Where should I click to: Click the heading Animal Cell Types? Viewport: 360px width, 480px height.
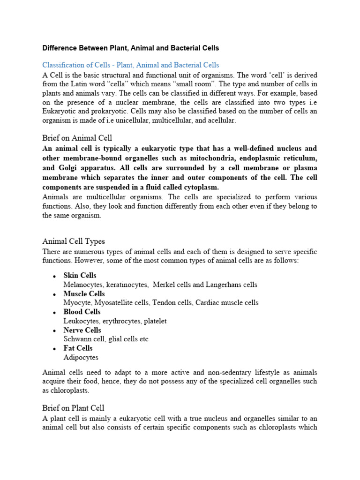[x=74, y=241]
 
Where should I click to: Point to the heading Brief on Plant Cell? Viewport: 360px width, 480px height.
[x=73, y=408]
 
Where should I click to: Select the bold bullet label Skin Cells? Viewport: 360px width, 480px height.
[x=80, y=276]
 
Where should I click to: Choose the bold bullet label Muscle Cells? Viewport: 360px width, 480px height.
[x=84, y=294]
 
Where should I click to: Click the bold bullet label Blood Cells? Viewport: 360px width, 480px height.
[x=82, y=312]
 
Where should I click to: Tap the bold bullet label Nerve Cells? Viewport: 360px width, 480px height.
[x=82, y=330]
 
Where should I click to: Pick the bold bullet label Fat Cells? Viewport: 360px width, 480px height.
[x=78, y=348]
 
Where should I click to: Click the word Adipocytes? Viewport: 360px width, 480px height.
[x=81, y=357]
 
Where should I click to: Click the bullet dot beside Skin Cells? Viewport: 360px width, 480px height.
[x=55, y=276]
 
